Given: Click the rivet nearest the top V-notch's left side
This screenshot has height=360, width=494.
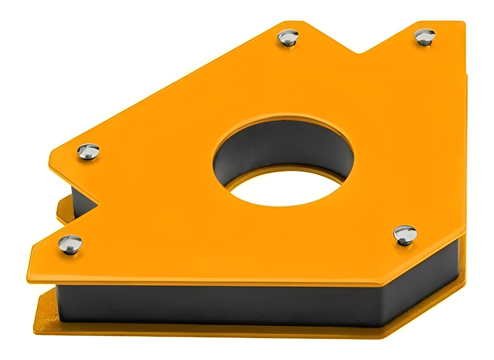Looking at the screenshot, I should (288, 37).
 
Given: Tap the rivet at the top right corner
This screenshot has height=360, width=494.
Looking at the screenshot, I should (424, 36).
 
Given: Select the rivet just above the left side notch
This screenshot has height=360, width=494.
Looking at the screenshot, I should (89, 151).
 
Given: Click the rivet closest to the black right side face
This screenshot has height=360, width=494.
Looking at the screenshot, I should (405, 235).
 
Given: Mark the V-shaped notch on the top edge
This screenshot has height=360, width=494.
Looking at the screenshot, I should (359, 52).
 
